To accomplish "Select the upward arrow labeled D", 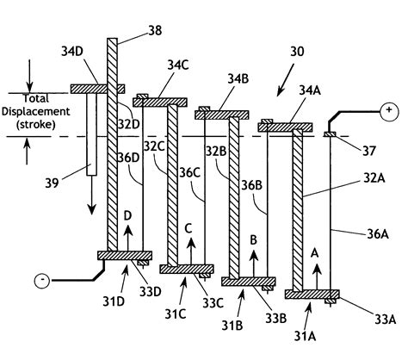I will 127,238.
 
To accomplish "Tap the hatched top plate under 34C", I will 159,102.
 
